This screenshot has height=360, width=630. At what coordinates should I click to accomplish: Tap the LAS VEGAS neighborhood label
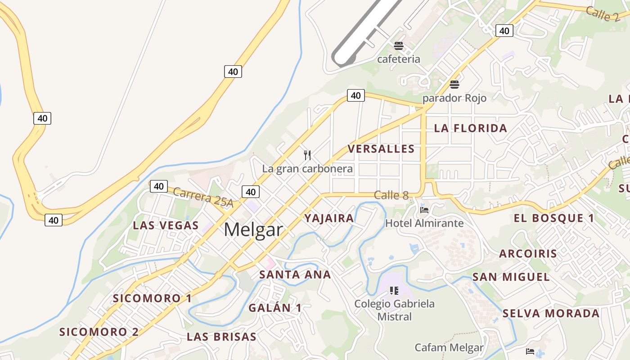(x=166, y=225)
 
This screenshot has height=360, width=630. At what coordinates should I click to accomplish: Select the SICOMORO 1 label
(x=152, y=298)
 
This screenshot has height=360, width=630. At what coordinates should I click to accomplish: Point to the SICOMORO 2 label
(x=99, y=332)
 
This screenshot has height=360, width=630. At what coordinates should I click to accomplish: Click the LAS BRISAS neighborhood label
(x=221, y=337)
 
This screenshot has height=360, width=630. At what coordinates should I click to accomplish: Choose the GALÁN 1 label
(x=275, y=308)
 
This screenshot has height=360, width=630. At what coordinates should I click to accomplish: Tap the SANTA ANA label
(x=295, y=274)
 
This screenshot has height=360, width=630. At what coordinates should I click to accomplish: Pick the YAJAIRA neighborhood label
(x=329, y=219)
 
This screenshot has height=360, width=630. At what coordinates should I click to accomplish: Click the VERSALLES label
(x=381, y=149)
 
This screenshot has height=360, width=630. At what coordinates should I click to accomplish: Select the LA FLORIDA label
(x=470, y=128)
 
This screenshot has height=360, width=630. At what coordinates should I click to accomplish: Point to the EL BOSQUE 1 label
(x=553, y=218)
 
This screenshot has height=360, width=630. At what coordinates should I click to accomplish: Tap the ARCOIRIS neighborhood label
(x=528, y=253)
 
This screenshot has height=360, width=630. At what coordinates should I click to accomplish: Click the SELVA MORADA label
(x=551, y=314)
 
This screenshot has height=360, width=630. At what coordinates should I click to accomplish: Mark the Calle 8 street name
(x=391, y=195)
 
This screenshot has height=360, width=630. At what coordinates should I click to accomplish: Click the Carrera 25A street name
(x=203, y=198)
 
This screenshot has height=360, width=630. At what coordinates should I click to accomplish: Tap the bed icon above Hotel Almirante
(x=424, y=210)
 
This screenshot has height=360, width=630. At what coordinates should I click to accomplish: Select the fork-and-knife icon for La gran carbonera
(x=307, y=155)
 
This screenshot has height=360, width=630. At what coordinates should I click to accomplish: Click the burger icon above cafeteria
(x=398, y=45)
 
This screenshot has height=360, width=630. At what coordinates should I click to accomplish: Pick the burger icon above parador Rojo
(x=454, y=84)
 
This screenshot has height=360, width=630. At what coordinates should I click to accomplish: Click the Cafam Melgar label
(x=449, y=347)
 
